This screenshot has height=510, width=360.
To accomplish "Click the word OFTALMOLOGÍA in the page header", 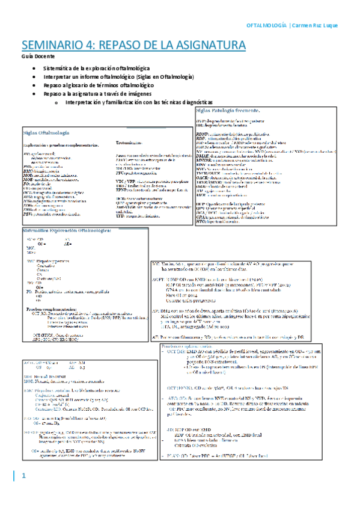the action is click(267, 25).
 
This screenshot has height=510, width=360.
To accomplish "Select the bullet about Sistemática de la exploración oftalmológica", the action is click(103, 69).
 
